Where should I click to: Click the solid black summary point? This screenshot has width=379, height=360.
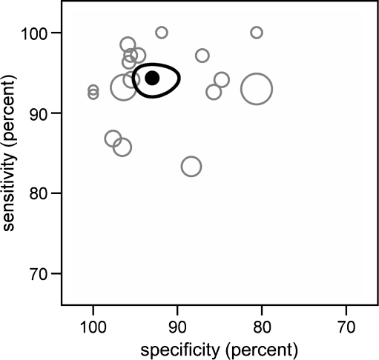[152, 78]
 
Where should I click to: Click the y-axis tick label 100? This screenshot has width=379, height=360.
[42, 33]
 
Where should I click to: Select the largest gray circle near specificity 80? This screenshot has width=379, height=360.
[257, 90]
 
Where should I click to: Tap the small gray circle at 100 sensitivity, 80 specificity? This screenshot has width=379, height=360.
[257, 33]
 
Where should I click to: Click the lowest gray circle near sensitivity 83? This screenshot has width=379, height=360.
[191, 167]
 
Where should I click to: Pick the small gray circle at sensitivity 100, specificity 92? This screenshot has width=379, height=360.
[162, 33]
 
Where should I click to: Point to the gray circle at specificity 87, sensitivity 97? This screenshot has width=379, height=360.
[202, 56]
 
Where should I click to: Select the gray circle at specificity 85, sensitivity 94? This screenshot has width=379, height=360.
[222, 80]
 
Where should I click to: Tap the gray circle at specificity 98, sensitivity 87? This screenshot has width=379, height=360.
[113, 139]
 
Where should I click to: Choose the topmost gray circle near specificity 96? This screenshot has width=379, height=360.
[128, 44]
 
